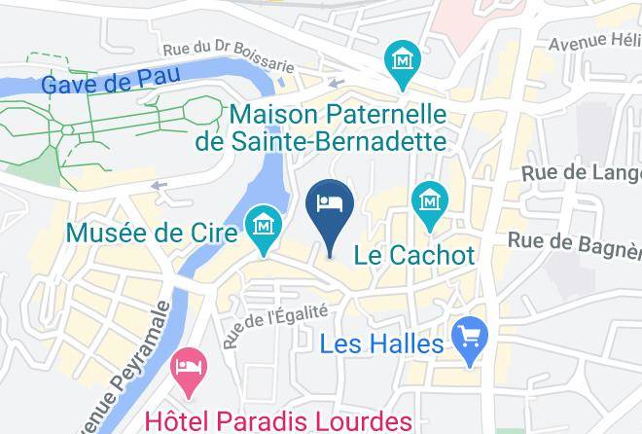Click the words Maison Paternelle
(338, 114)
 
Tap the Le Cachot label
(414, 256)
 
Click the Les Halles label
(383, 344)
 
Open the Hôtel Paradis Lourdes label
(279, 421)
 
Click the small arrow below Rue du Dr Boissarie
(338, 84)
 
